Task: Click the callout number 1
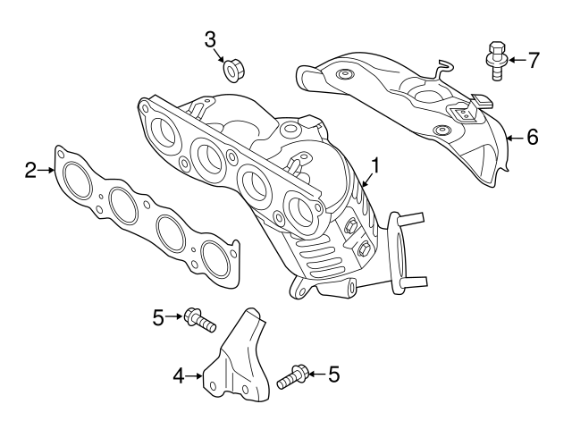376,165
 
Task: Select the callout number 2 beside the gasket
30,169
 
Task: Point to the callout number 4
179,377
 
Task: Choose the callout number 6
532,138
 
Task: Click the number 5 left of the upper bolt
158,316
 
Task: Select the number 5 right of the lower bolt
333,374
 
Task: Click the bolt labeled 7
495,59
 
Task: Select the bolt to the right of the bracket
293,377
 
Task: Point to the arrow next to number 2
47,168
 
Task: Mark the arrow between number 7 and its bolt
516,61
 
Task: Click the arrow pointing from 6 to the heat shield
513,138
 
